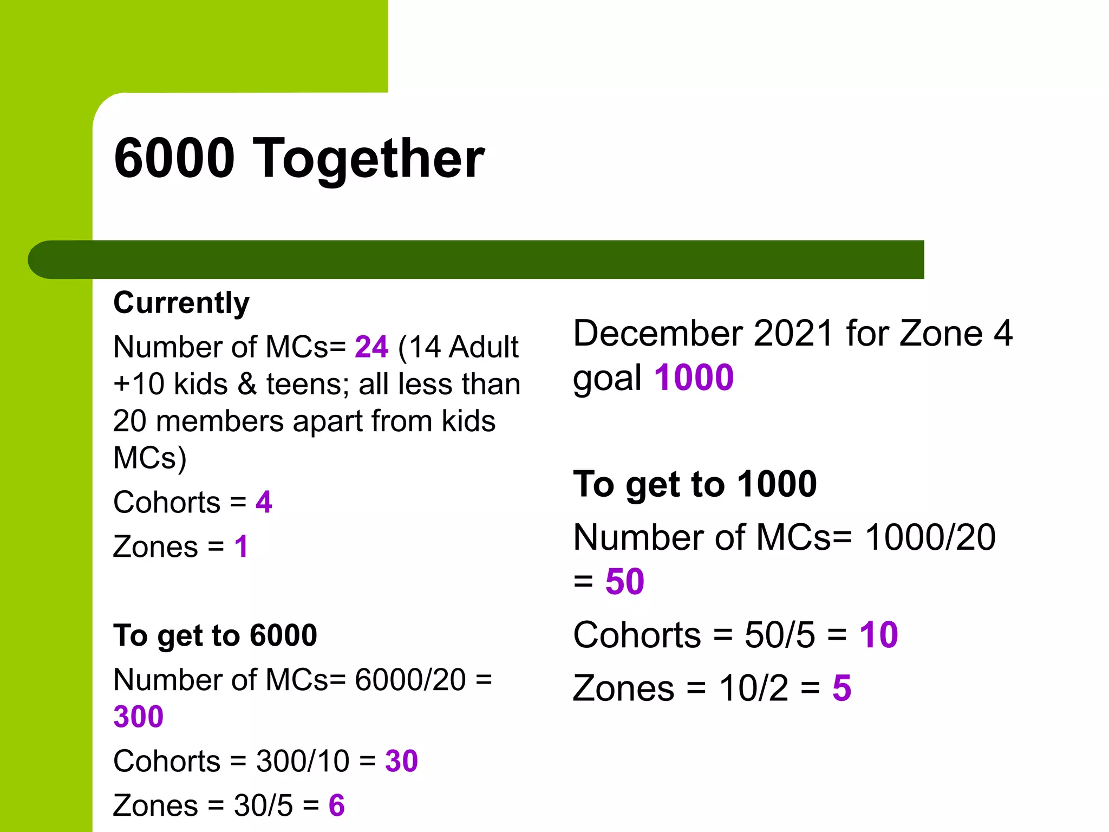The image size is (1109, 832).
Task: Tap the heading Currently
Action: [181, 302]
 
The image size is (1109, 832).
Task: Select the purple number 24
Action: [371, 347]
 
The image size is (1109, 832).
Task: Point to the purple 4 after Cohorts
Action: [264, 502]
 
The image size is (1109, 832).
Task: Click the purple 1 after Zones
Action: [241, 547]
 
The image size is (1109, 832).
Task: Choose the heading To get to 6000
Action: [215, 635]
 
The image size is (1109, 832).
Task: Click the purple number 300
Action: [139, 717]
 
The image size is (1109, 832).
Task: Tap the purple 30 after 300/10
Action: [401, 761]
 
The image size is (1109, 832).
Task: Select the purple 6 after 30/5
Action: [336, 805]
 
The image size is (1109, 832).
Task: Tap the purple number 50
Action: [625, 582]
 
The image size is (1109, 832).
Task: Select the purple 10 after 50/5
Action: [878, 635]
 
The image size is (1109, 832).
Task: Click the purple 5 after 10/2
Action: [841, 688]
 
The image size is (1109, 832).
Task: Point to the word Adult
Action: [484, 347]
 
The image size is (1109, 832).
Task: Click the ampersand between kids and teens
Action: [247, 384]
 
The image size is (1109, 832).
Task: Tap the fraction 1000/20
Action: [930, 537]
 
